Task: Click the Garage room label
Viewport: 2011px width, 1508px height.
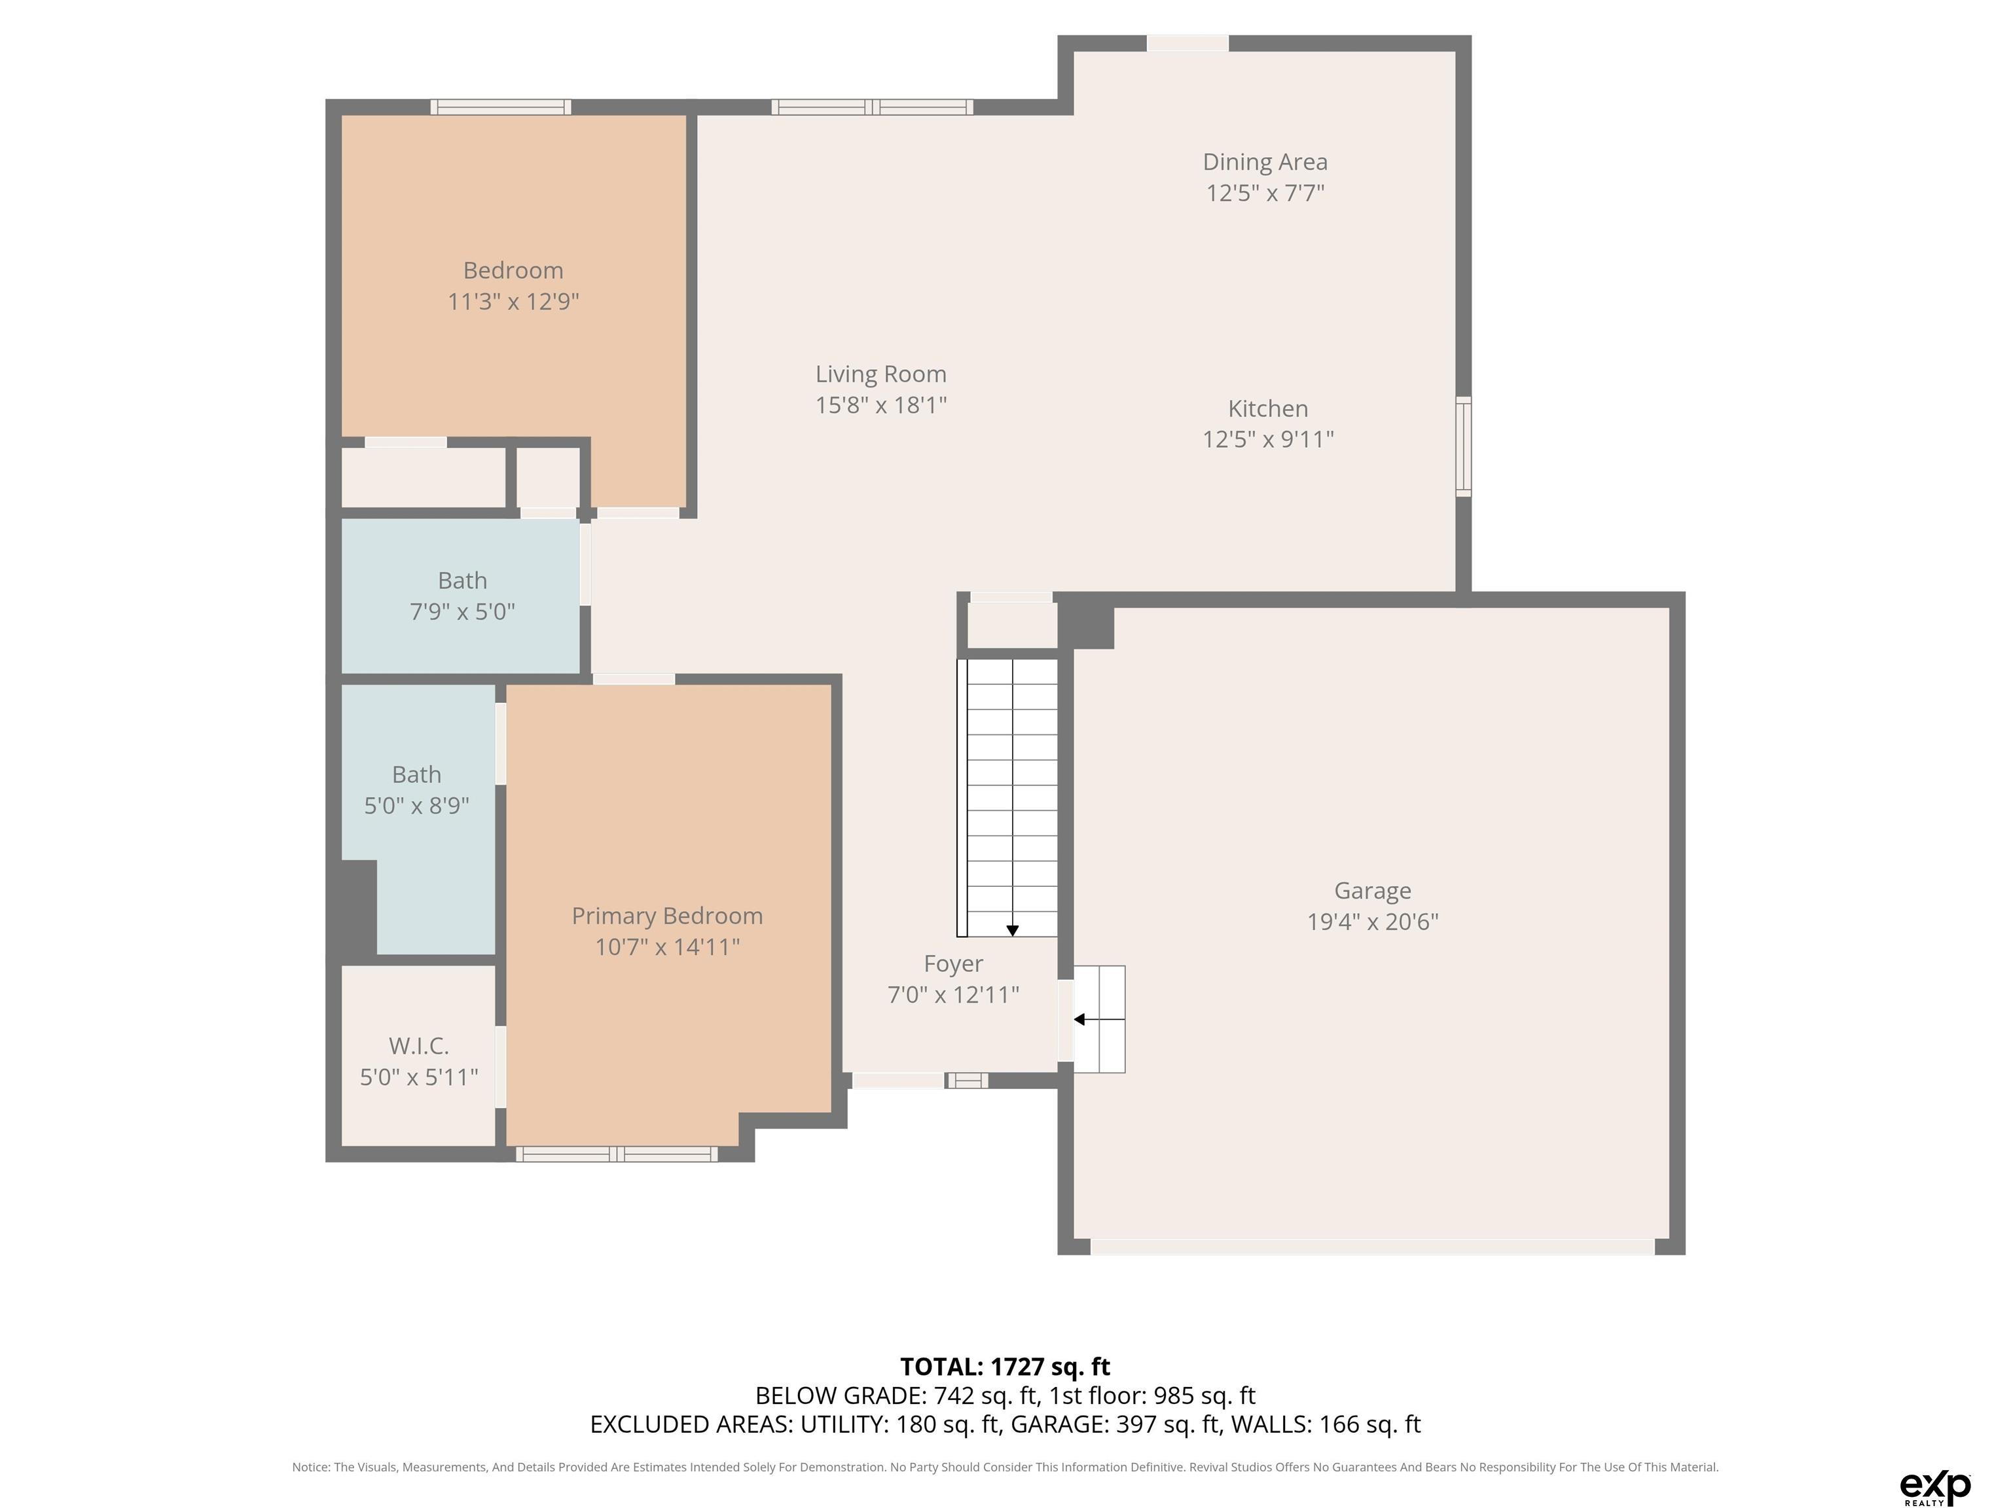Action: coord(1372,891)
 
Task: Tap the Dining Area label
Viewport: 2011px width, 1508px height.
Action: coord(1265,162)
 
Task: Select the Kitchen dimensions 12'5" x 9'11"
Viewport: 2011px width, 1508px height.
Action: coord(1268,439)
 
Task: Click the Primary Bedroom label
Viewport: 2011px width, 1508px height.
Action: coord(667,916)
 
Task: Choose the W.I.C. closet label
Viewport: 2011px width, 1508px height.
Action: coord(419,1046)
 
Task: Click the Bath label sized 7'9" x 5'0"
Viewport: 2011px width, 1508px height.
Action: coord(462,581)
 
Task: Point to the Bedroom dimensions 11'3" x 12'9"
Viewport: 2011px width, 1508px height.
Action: coord(514,302)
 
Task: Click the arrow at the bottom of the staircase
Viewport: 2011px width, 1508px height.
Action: coord(1012,930)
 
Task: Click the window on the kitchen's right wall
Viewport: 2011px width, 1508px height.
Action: coord(1463,446)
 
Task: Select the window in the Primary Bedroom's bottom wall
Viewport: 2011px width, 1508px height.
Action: coord(617,1155)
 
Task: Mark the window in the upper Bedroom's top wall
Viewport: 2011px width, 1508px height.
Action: coord(501,107)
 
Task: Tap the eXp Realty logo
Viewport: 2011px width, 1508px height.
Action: coord(1936,1487)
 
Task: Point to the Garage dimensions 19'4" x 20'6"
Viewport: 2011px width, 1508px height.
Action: coord(1373,922)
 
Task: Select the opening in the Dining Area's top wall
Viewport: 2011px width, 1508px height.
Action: coord(1187,43)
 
